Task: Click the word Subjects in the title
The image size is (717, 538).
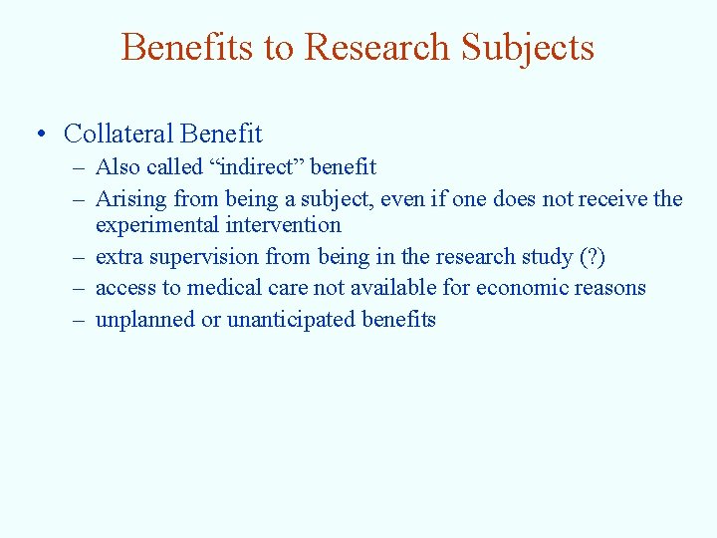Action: point(527,48)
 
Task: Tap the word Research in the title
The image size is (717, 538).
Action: point(377,48)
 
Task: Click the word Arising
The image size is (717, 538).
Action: point(128,199)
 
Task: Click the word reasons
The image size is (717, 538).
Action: point(611,288)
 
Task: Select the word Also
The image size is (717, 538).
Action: point(118,167)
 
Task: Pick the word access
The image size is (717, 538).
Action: point(124,288)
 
